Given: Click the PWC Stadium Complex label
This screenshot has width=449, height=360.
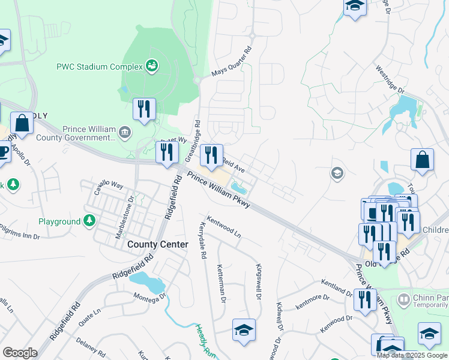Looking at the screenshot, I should [x=98, y=67].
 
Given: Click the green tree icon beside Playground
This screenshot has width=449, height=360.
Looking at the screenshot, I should [x=89, y=221].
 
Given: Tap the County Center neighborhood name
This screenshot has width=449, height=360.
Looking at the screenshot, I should [x=158, y=244].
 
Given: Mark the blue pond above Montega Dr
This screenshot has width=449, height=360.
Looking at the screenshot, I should [x=147, y=281].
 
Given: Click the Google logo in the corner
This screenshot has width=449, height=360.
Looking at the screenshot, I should [x=20, y=353].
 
